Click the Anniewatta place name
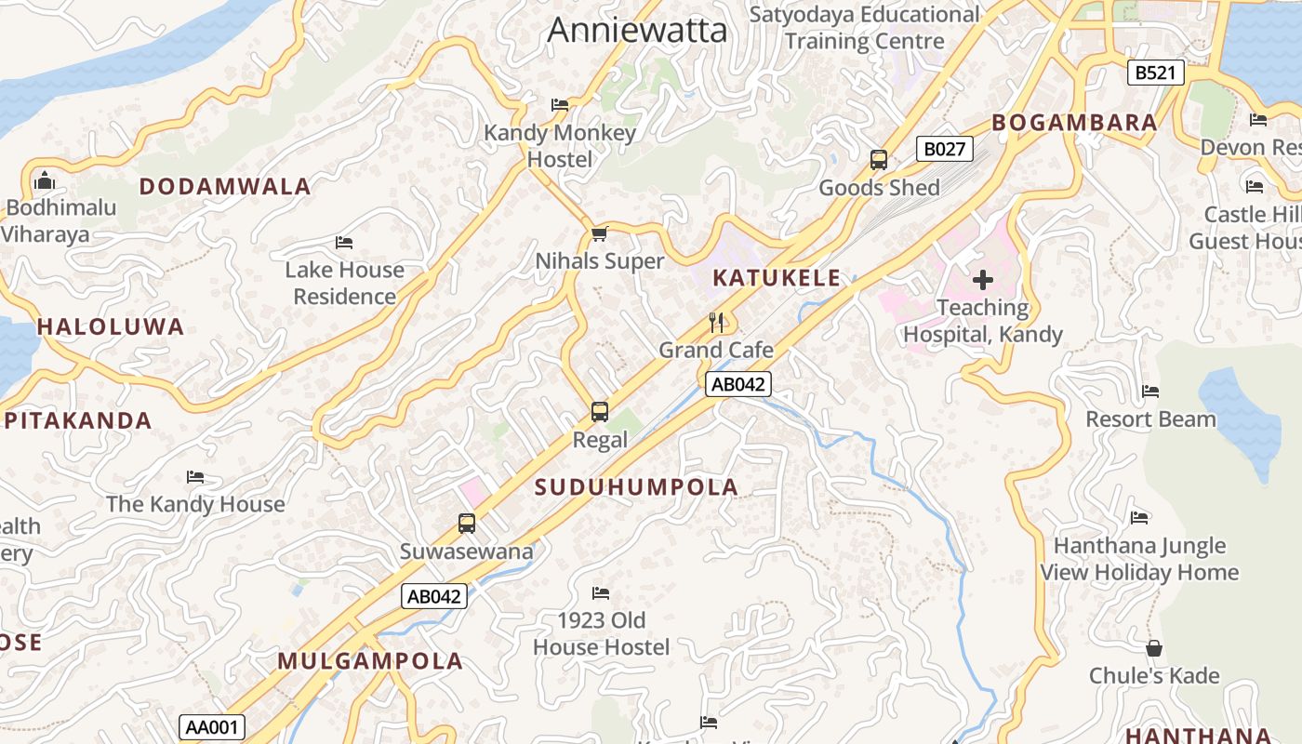click(637, 30)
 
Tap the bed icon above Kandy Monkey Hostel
click(560, 105)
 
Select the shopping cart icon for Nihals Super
click(600, 233)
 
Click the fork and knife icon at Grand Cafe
click(716, 323)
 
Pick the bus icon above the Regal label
click(600, 411)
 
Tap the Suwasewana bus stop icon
click(467, 524)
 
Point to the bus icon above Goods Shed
click(879, 160)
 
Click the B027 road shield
click(945, 149)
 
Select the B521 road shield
click(1156, 73)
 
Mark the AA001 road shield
click(212, 727)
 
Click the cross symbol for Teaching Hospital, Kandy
click(983, 280)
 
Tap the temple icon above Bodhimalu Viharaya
click(44, 179)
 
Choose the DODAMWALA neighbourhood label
click(225, 187)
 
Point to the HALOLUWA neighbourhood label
click(111, 327)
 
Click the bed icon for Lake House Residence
click(344, 243)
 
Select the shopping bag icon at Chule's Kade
click(1154, 648)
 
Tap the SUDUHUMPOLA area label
click(636, 487)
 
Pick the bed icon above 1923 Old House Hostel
click(601, 592)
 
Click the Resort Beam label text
click(1150, 419)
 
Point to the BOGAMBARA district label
click(1074, 123)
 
